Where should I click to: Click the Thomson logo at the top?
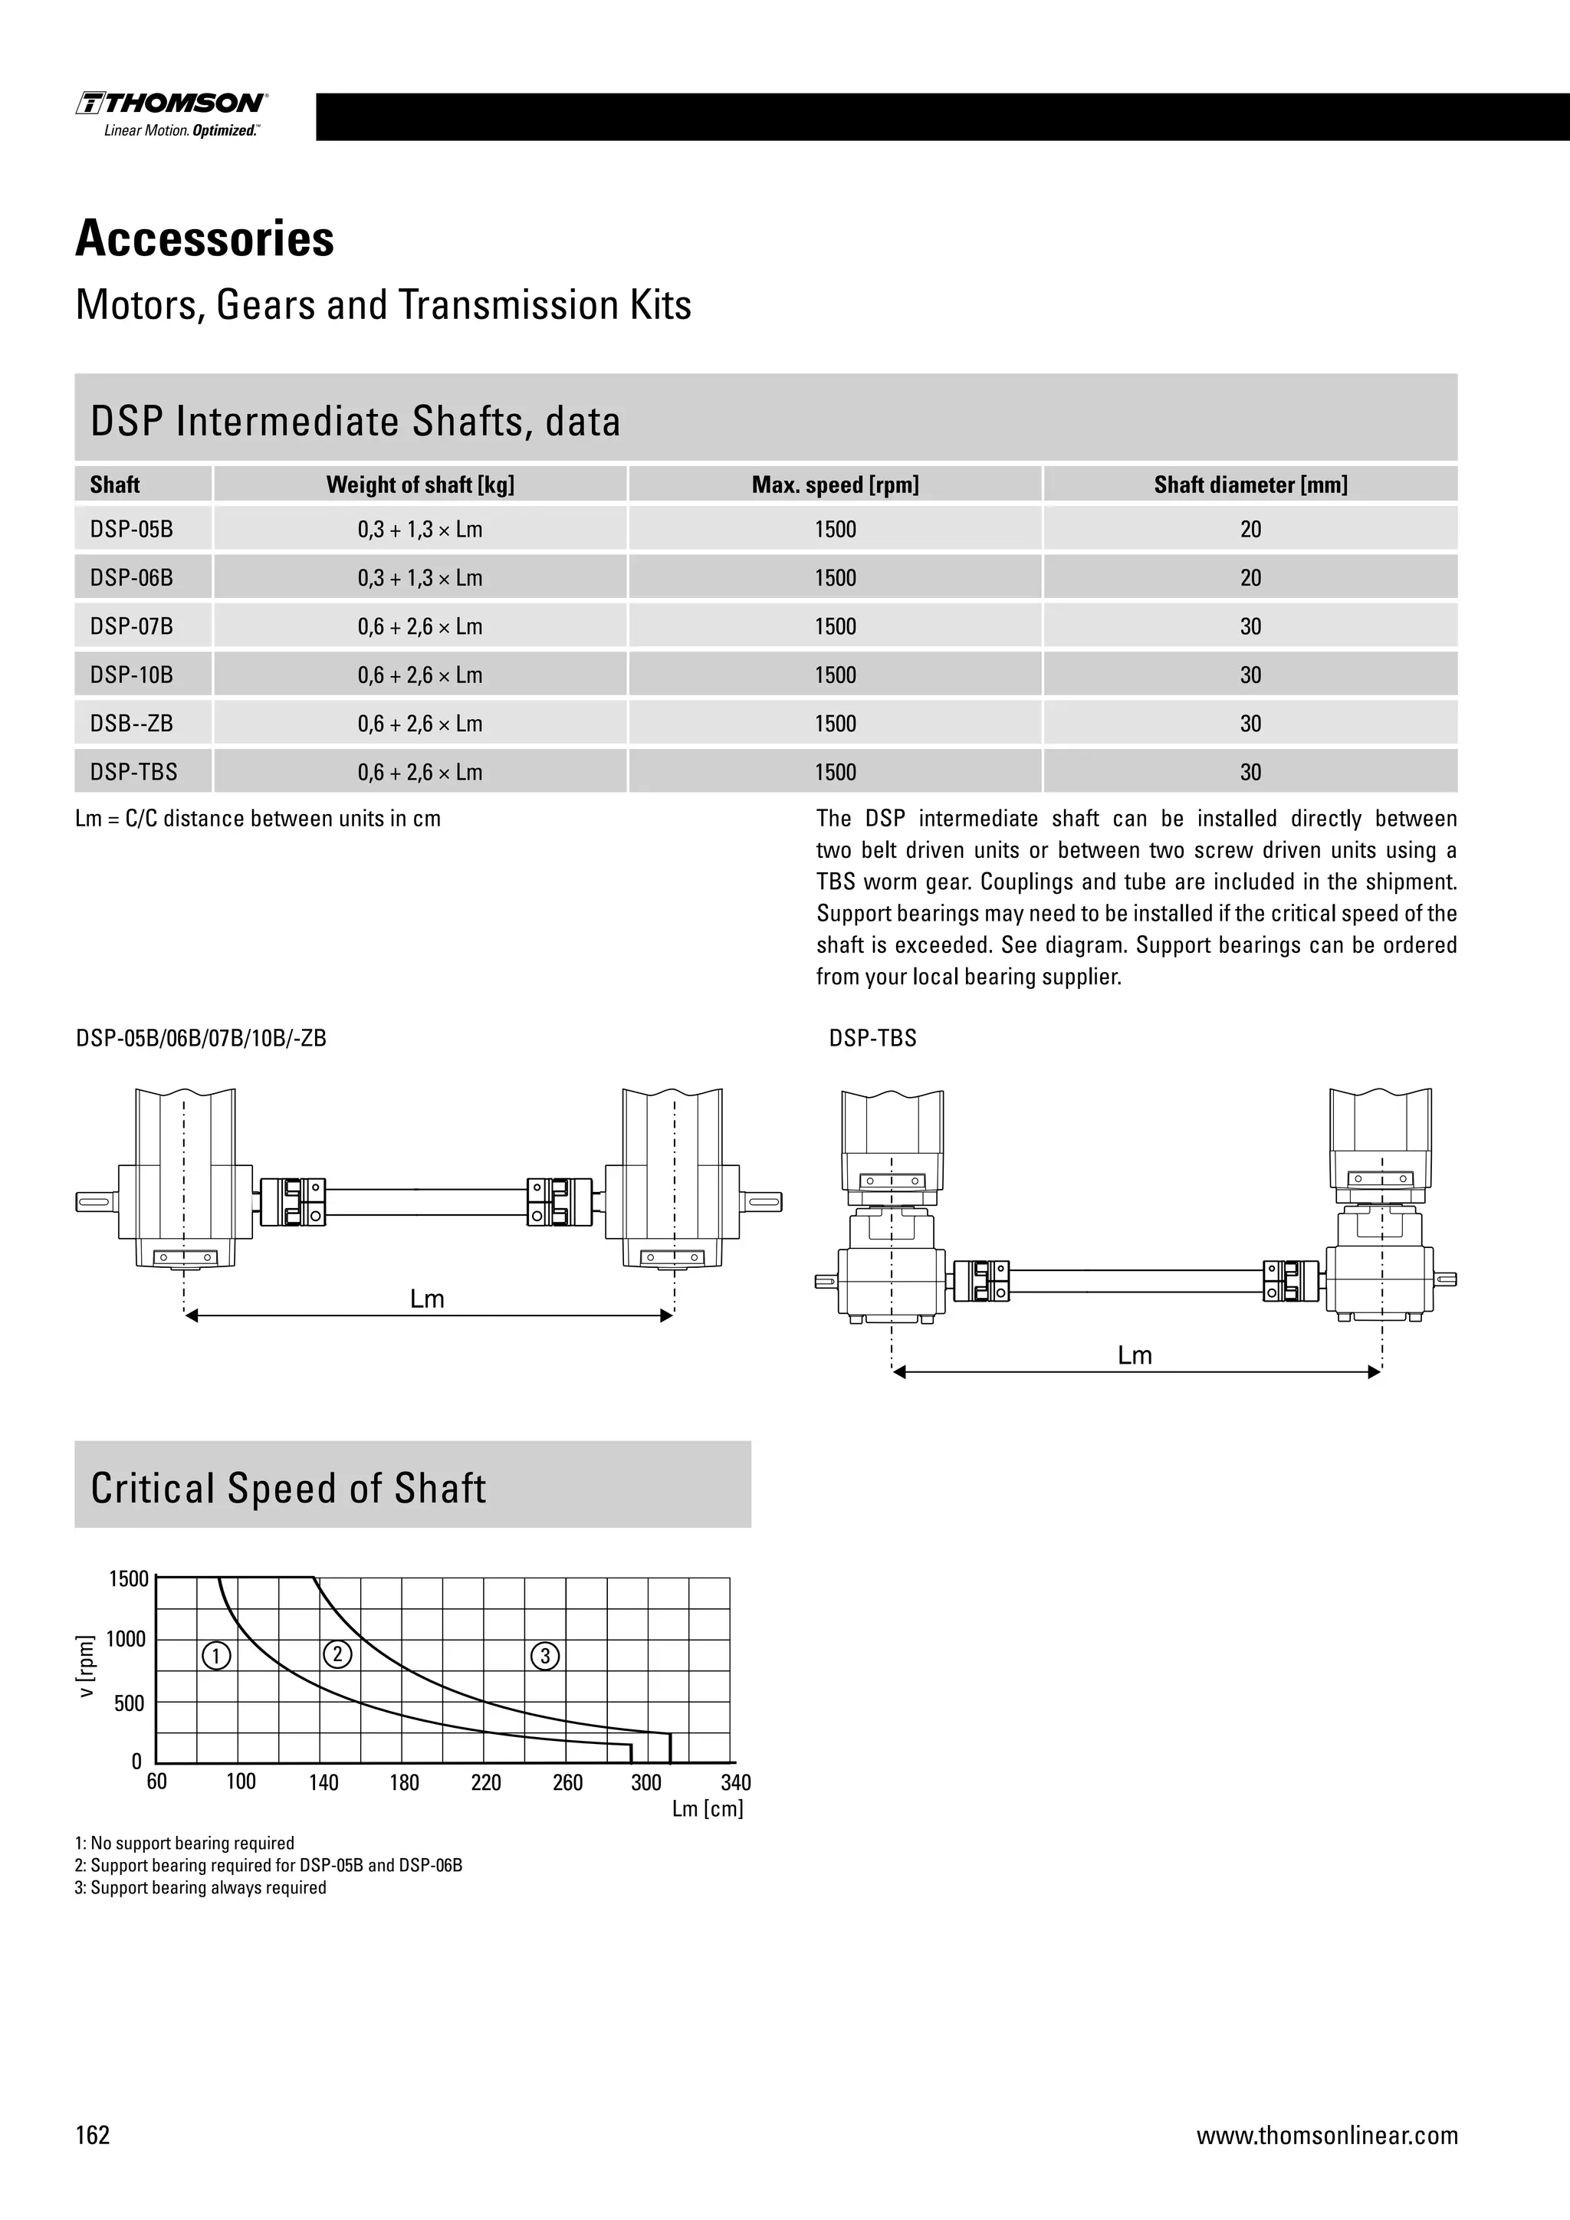pyautogui.click(x=172, y=114)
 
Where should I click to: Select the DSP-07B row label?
pyautogui.click(x=132, y=626)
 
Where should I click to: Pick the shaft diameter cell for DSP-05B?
pyautogui.click(x=1250, y=530)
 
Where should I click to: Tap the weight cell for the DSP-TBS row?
pyautogui.click(x=419, y=773)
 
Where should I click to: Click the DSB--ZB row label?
pyautogui.click(x=132, y=723)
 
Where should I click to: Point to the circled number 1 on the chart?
pyautogui.click(x=216, y=1657)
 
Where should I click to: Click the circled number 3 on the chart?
pyautogui.click(x=545, y=1657)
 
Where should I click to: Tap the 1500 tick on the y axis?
pyautogui.click(x=129, y=1579)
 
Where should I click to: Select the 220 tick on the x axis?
pyautogui.click(x=485, y=1783)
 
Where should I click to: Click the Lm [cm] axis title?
pyautogui.click(x=707, y=1809)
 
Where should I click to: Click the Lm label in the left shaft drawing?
pyautogui.click(x=426, y=1299)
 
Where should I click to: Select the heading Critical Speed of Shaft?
pyautogui.click(x=288, y=1488)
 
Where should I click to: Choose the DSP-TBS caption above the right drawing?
pyautogui.click(x=872, y=1039)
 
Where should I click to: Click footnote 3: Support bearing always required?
pyautogui.click(x=200, y=1887)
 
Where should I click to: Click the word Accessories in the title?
pyautogui.click(x=205, y=239)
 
